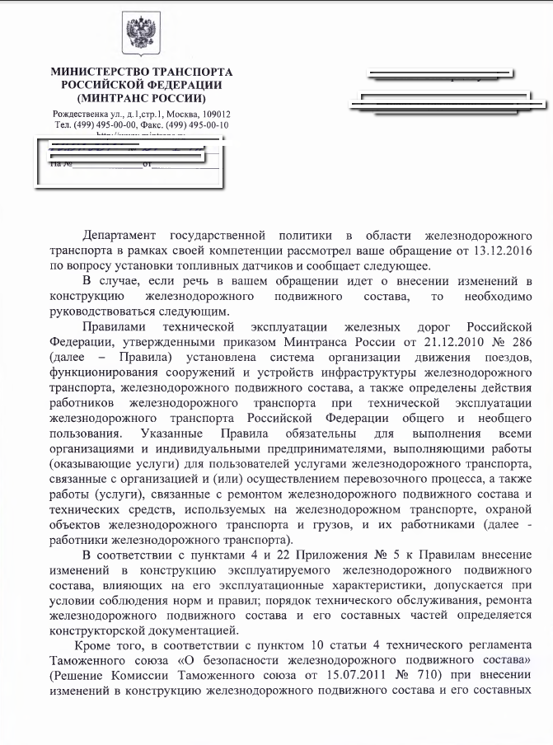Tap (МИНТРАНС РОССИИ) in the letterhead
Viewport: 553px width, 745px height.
click(141, 97)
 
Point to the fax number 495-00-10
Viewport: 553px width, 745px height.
click(208, 125)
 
